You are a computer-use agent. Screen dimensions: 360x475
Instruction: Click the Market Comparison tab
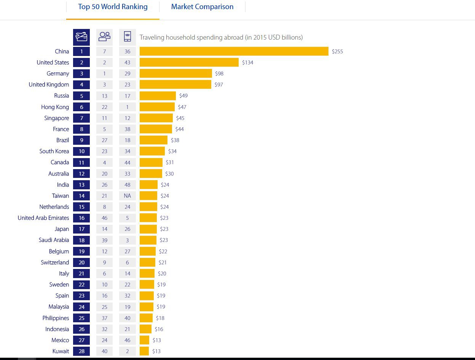pyautogui.click(x=202, y=7)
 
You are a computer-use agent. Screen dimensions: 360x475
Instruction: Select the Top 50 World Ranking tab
pyautogui.click(x=113, y=7)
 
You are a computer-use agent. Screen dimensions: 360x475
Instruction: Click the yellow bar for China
pyautogui.click(x=234, y=51)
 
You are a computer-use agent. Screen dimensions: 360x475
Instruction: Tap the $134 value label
pyautogui.click(x=247, y=62)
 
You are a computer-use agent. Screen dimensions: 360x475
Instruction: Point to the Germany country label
pyautogui.click(x=58, y=74)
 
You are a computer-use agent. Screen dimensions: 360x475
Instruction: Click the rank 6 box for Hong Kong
pyautogui.click(x=81, y=107)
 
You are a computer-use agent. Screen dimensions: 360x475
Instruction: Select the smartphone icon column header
pyautogui.click(x=128, y=37)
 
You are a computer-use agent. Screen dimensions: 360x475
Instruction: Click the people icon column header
pyautogui.click(x=104, y=37)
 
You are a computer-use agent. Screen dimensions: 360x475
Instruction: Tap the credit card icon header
pyautogui.click(x=81, y=37)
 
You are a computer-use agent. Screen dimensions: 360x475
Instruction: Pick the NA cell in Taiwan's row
pyautogui.click(x=128, y=196)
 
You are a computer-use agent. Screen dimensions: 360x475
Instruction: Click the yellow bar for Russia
pyautogui.click(x=158, y=96)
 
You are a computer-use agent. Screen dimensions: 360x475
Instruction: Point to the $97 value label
pyautogui.click(x=219, y=85)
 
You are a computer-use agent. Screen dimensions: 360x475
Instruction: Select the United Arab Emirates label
pyautogui.click(x=43, y=218)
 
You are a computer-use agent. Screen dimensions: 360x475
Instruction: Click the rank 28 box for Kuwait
pyautogui.click(x=81, y=351)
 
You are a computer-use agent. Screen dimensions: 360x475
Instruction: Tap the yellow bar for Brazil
pyautogui.click(x=153, y=140)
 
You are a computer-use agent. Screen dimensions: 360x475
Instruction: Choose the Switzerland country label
pyautogui.click(x=55, y=262)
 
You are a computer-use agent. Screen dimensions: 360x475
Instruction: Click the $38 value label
pyautogui.click(x=175, y=140)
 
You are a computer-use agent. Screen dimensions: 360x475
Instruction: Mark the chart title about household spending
pyautogui.click(x=221, y=37)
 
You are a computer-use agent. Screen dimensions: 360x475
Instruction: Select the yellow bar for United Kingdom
pyautogui.click(x=175, y=85)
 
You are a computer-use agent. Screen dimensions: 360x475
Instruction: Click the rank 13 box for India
pyautogui.click(x=81, y=185)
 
